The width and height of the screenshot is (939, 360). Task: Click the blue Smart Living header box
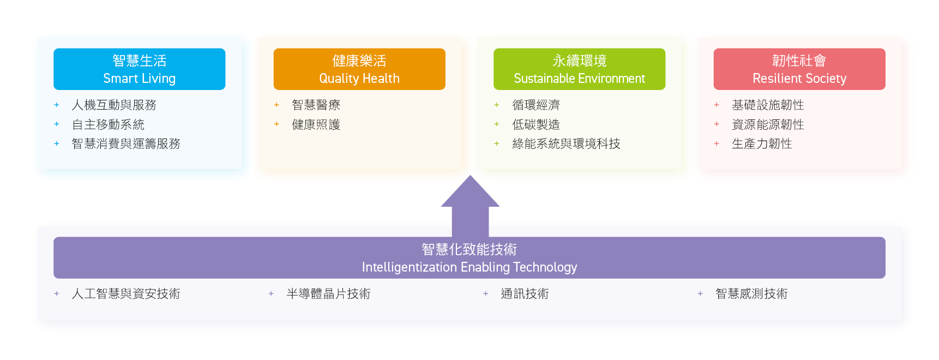pyautogui.click(x=139, y=69)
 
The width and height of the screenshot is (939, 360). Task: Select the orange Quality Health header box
pyautogui.click(x=359, y=69)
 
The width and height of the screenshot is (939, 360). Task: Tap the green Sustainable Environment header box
pyautogui.click(x=579, y=69)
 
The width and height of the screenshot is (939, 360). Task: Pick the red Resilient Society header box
pyautogui.click(x=799, y=69)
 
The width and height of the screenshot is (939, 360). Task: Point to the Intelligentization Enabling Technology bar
pyautogui.click(x=469, y=257)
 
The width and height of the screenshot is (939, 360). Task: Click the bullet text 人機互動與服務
pyautogui.click(x=114, y=105)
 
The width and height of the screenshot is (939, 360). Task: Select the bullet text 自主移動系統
pyautogui.click(x=108, y=124)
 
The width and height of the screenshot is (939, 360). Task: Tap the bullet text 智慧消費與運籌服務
pyautogui.click(x=126, y=143)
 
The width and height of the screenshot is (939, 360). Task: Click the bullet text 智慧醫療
pyautogui.click(x=316, y=105)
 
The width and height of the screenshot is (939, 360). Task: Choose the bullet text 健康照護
pyautogui.click(x=316, y=124)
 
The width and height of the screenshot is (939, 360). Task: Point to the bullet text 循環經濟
pyautogui.click(x=536, y=105)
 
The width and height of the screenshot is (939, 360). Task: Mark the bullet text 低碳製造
pyautogui.click(x=536, y=124)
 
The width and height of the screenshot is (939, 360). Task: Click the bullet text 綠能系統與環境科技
pyautogui.click(x=566, y=143)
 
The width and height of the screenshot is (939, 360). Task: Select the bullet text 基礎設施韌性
pyautogui.click(x=768, y=105)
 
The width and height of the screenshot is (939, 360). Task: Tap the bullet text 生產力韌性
pyautogui.click(x=762, y=143)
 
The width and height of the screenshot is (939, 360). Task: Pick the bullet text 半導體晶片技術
pyautogui.click(x=328, y=293)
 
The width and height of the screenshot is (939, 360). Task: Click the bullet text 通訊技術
pyautogui.click(x=525, y=293)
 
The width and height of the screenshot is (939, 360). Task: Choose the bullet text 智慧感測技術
pyautogui.click(x=751, y=293)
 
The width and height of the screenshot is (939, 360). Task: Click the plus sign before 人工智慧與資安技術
pyautogui.click(x=57, y=293)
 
